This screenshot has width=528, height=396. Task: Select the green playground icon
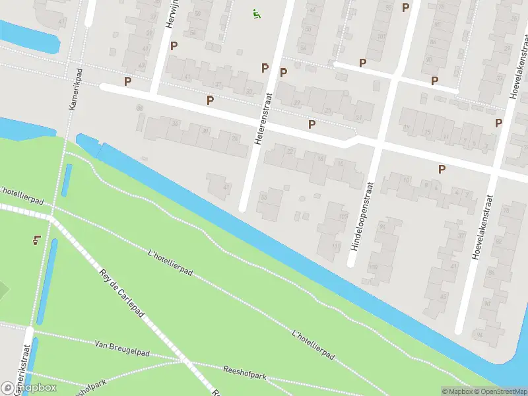[x=255, y=13]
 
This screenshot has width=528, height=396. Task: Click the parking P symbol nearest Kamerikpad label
[x=127, y=82]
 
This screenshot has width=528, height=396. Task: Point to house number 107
[x=343, y=216]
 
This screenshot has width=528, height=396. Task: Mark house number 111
[x=337, y=246]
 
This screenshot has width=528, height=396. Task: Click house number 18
[x=321, y=158]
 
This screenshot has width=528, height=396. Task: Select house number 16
[x=341, y=163]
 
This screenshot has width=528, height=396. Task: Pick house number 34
[x=175, y=123]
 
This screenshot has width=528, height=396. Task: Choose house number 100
[x=373, y=267]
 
